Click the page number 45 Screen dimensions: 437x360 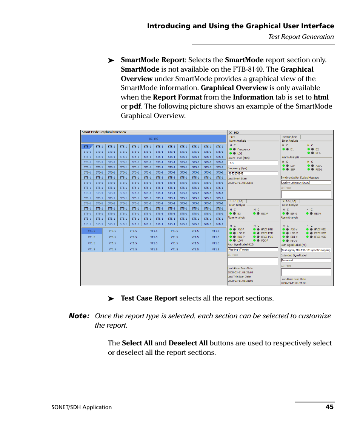pyautogui.click(x=329, y=407)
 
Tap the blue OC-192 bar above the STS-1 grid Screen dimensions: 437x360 pyautogui.click(x=153, y=139)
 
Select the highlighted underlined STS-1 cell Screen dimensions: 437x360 pyautogui.click(x=87, y=147)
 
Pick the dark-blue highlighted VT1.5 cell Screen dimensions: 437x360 pyautogui.click(x=92, y=231)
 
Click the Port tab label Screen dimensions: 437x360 pyautogui.click(x=232, y=137)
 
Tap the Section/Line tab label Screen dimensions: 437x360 pyautogui.click(x=290, y=137)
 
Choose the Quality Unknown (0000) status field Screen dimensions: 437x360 pyautogui.click(x=306, y=182)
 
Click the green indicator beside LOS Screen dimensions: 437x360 pyautogui.click(x=231, y=153)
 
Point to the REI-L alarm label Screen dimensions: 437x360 pyautogui.click(x=319, y=153)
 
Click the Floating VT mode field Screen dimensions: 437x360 pyautogui.click(x=252, y=250)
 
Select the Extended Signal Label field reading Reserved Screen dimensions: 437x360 pyautogui.click(x=306, y=260)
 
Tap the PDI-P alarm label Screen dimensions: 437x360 pyautogui.click(x=265, y=241)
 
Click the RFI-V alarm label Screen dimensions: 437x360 pyautogui.click(x=294, y=241)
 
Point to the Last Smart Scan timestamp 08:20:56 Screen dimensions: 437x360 pyautogui.click(x=240, y=182)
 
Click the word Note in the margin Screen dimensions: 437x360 pyautogui.click(x=78, y=316)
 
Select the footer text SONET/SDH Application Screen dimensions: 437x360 pyautogui.click(x=82, y=407)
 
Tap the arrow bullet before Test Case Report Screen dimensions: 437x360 pyautogui.click(x=111, y=299)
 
